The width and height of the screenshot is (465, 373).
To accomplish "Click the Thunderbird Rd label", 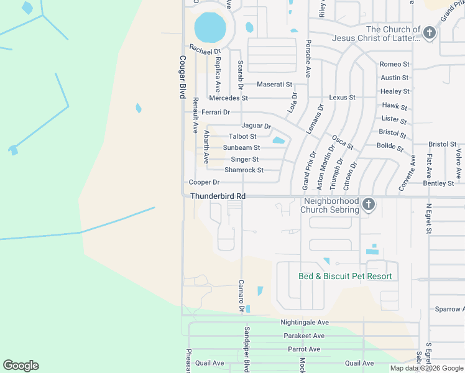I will click(x=218, y=196).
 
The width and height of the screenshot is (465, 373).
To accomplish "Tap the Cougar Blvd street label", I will click(x=183, y=77).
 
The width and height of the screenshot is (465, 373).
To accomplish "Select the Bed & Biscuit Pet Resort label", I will click(x=345, y=276).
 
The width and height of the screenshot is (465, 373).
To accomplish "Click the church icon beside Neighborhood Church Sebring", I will click(x=368, y=204).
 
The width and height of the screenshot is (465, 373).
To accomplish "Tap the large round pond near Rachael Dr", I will click(x=209, y=27).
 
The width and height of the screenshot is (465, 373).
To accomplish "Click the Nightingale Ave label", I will click(x=305, y=323).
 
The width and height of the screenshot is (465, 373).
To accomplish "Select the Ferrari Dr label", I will click(x=216, y=113).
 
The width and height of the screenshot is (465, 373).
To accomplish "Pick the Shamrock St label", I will click(x=244, y=170).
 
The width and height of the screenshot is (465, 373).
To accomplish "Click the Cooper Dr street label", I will click(x=205, y=182).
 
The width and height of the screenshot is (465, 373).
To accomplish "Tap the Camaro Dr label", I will click(x=241, y=296).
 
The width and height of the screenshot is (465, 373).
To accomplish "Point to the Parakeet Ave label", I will click(x=304, y=336).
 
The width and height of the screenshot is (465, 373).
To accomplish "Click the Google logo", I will click(x=21, y=366).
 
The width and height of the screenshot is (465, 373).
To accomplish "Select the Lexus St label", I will click(x=342, y=98).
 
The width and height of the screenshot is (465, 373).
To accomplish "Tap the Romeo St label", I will click(x=394, y=64).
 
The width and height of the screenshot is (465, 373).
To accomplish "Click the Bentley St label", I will click(x=438, y=183).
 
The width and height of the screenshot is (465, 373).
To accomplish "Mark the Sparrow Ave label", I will click(x=449, y=309).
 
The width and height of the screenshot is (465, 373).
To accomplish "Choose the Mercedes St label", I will click(x=228, y=98).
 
